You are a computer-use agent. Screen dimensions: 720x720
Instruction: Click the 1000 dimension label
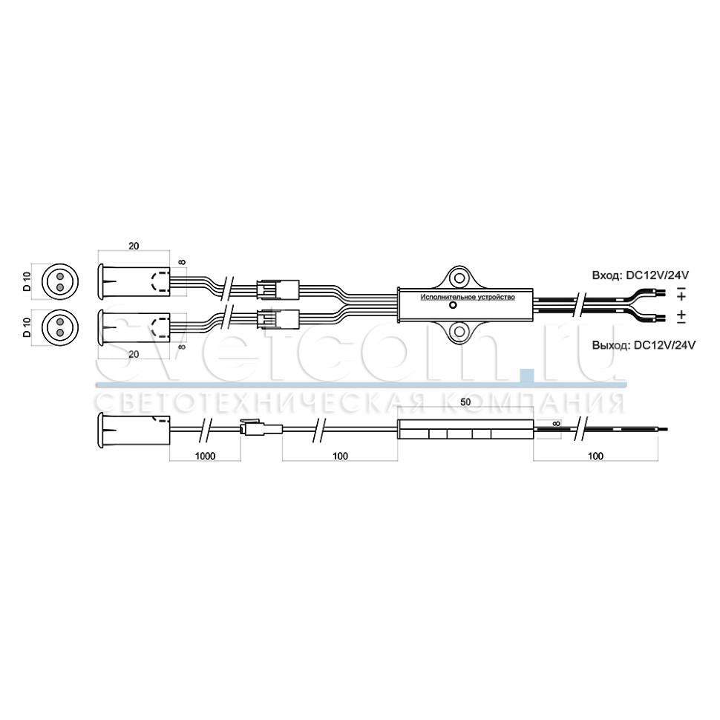(205, 456)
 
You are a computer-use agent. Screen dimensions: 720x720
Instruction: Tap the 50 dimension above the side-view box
(465, 402)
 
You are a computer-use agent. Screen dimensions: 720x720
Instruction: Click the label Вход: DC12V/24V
(640, 275)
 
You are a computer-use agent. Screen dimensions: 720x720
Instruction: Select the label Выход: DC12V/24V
(644, 345)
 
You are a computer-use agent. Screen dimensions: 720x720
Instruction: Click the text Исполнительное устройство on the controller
(468, 298)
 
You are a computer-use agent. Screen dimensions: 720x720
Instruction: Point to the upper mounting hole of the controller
(458, 278)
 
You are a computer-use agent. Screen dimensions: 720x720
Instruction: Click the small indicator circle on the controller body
(453, 305)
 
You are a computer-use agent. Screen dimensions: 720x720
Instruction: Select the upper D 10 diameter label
(27, 281)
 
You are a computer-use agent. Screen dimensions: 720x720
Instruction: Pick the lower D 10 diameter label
(27, 327)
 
